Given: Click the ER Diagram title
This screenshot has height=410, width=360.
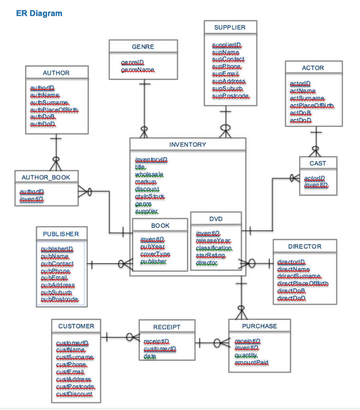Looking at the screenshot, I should [39, 13].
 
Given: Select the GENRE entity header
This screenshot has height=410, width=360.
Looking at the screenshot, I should [143, 47].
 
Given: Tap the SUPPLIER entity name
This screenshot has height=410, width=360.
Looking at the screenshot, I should [230, 27].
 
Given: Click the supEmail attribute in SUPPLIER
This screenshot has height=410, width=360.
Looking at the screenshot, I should [226, 74].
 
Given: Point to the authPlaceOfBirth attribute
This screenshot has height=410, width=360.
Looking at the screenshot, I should [54, 110].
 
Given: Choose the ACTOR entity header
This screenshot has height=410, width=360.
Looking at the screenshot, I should [313, 68].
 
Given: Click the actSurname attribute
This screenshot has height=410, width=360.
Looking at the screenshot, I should [307, 98].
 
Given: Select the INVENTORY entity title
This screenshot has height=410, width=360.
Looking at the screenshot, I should [188, 145].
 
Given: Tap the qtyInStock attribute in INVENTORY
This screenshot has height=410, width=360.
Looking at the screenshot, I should [150, 196].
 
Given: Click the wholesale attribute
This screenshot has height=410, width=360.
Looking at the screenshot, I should [149, 175].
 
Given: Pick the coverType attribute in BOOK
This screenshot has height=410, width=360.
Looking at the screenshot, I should [155, 254].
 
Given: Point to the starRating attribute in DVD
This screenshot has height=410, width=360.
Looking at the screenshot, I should [210, 255].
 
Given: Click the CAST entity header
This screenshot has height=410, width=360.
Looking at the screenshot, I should [318, 163].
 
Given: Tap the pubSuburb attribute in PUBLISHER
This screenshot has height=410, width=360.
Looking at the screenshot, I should [56, 292].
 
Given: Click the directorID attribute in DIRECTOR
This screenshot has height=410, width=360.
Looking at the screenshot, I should [291, 262].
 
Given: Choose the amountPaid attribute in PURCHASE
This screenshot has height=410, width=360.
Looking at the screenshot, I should [251, 363].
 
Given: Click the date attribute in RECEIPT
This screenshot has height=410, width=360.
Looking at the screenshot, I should [150, 356].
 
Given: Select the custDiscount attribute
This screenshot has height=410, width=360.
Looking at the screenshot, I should [74, 394].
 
